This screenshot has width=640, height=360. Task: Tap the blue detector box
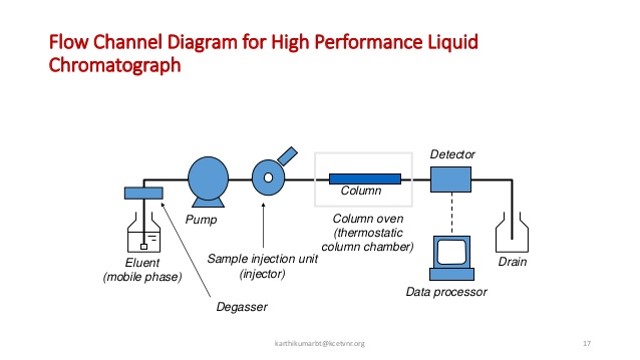pyautogui.click(x=450, y=180)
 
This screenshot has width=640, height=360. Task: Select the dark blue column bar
pyautogui.click(x=364, y=179)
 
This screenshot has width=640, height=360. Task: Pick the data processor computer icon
pyautogui.click(x=448, y=258)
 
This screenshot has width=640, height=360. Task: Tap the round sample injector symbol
pyautogui.click(x=267, y=178)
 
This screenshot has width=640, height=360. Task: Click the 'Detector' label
pyautogui.click(x=452, y=154)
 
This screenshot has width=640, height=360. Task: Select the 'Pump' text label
pyautogui.click(x=201, y=218)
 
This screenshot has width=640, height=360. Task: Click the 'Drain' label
pyautogui.click(x=512, y=263)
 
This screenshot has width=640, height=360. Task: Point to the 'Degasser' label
pyautogui.click(x=241, y=307)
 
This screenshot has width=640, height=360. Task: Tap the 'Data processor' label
pyautogui.click(x=446, y=292)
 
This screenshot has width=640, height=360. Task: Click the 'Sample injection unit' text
pyautogui.click(x=262, y=258)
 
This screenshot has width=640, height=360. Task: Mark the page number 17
pyautogui.click(x=586, y=344)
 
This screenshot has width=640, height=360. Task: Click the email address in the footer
pyautogui.click(x=320, y=344)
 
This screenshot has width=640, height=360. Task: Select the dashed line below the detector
pyautogui.click(x=450, y=213)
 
